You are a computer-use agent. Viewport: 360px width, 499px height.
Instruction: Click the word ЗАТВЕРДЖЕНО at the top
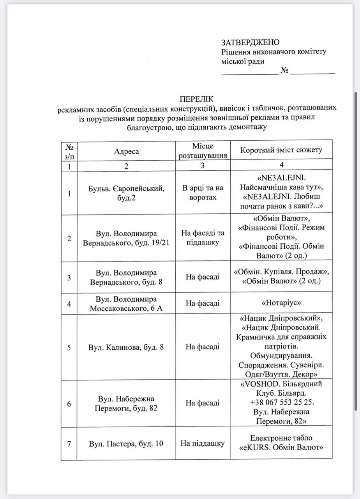[251, 42]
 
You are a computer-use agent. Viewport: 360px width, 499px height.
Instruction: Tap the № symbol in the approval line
[284, 71]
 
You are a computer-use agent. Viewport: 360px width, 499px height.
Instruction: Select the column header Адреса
[126, 151]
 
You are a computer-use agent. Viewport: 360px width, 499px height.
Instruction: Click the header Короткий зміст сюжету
[281, 150]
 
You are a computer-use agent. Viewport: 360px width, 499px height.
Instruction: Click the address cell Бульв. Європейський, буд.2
[126, 193]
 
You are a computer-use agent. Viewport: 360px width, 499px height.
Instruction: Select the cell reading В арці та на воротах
[203, 193]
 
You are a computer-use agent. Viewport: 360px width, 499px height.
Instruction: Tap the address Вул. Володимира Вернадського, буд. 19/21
[126, 238]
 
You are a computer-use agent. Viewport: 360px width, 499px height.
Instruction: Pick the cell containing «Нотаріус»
[281, 303]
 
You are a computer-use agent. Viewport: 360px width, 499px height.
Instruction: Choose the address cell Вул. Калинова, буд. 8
[126, 347]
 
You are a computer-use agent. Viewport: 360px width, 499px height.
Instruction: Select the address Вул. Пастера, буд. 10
[126, 444]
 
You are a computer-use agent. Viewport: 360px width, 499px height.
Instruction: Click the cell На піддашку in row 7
[203, 443]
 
